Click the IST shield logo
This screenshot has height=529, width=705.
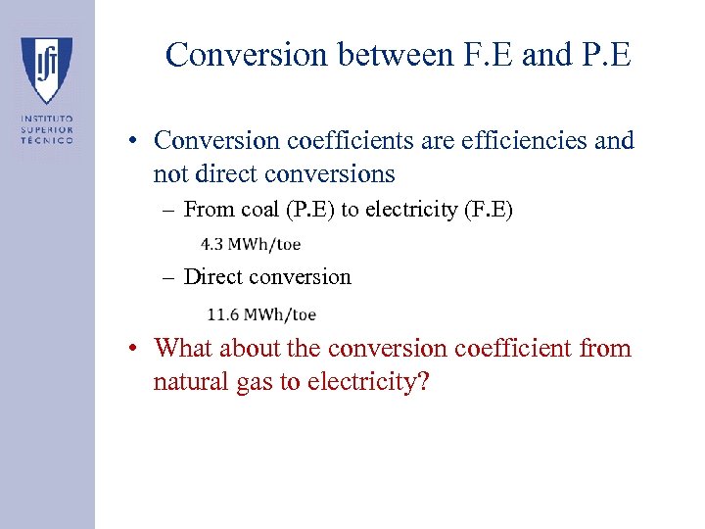[x=46, y=70]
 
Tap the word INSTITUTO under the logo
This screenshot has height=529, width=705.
[x=47, y=120]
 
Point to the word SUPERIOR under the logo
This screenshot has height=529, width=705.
[x=47, y=130]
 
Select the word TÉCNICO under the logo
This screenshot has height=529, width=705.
[x=47, y=141]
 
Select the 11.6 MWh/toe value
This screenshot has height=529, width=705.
[x=261, y=314]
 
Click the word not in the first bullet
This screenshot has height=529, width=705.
[x=170, y=175]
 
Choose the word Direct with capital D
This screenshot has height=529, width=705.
[x=213, y=277]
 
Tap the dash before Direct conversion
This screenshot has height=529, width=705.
[x=171, y=277]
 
